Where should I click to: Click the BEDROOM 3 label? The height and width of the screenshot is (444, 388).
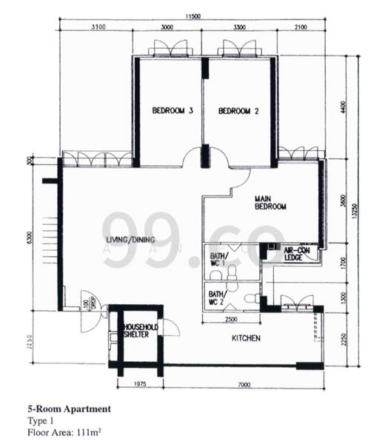point(173,112)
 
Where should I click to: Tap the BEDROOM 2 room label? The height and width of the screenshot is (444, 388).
point(238,112)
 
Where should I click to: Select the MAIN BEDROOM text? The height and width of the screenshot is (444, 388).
point(270,203)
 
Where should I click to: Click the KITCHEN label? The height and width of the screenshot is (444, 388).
point(246,338)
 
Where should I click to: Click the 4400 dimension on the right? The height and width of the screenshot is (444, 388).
point(343,107)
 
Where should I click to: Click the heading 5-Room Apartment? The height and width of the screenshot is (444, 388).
point(69,408)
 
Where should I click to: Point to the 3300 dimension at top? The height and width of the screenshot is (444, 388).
point(239,27)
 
